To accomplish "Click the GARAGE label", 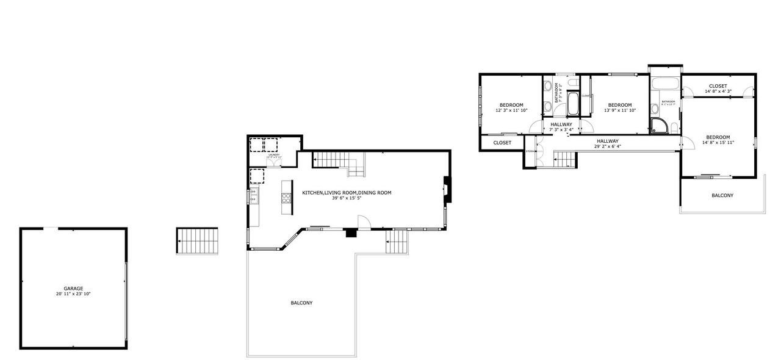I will pyautogui.click(x=73, y=289).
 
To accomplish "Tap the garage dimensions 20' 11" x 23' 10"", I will pyautogui.click(x=73, y=294).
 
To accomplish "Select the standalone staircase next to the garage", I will pyautogui.click(x=197, y=241).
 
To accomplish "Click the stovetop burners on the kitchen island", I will pyautogui.click(x=286, y=197).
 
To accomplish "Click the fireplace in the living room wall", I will pyautogui.click(x=447, y=189).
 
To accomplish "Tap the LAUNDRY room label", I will pyautogui.click(x=274, y=154).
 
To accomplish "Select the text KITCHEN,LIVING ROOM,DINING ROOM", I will pyautogui.click(x=347, y=193).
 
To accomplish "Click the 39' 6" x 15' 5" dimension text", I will pyautogui.click(x=347, y=198).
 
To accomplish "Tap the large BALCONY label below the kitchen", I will pyautogui.click(x=301, y=303).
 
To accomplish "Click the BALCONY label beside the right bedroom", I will pyautogui.click(x=722, y=195).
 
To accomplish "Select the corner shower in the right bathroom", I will pyautogui.click(x=659, y=126).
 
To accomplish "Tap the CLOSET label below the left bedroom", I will pyautogui.click(x=502, y=143).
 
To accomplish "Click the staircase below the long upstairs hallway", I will pyautogui.click(x=564, y=160).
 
